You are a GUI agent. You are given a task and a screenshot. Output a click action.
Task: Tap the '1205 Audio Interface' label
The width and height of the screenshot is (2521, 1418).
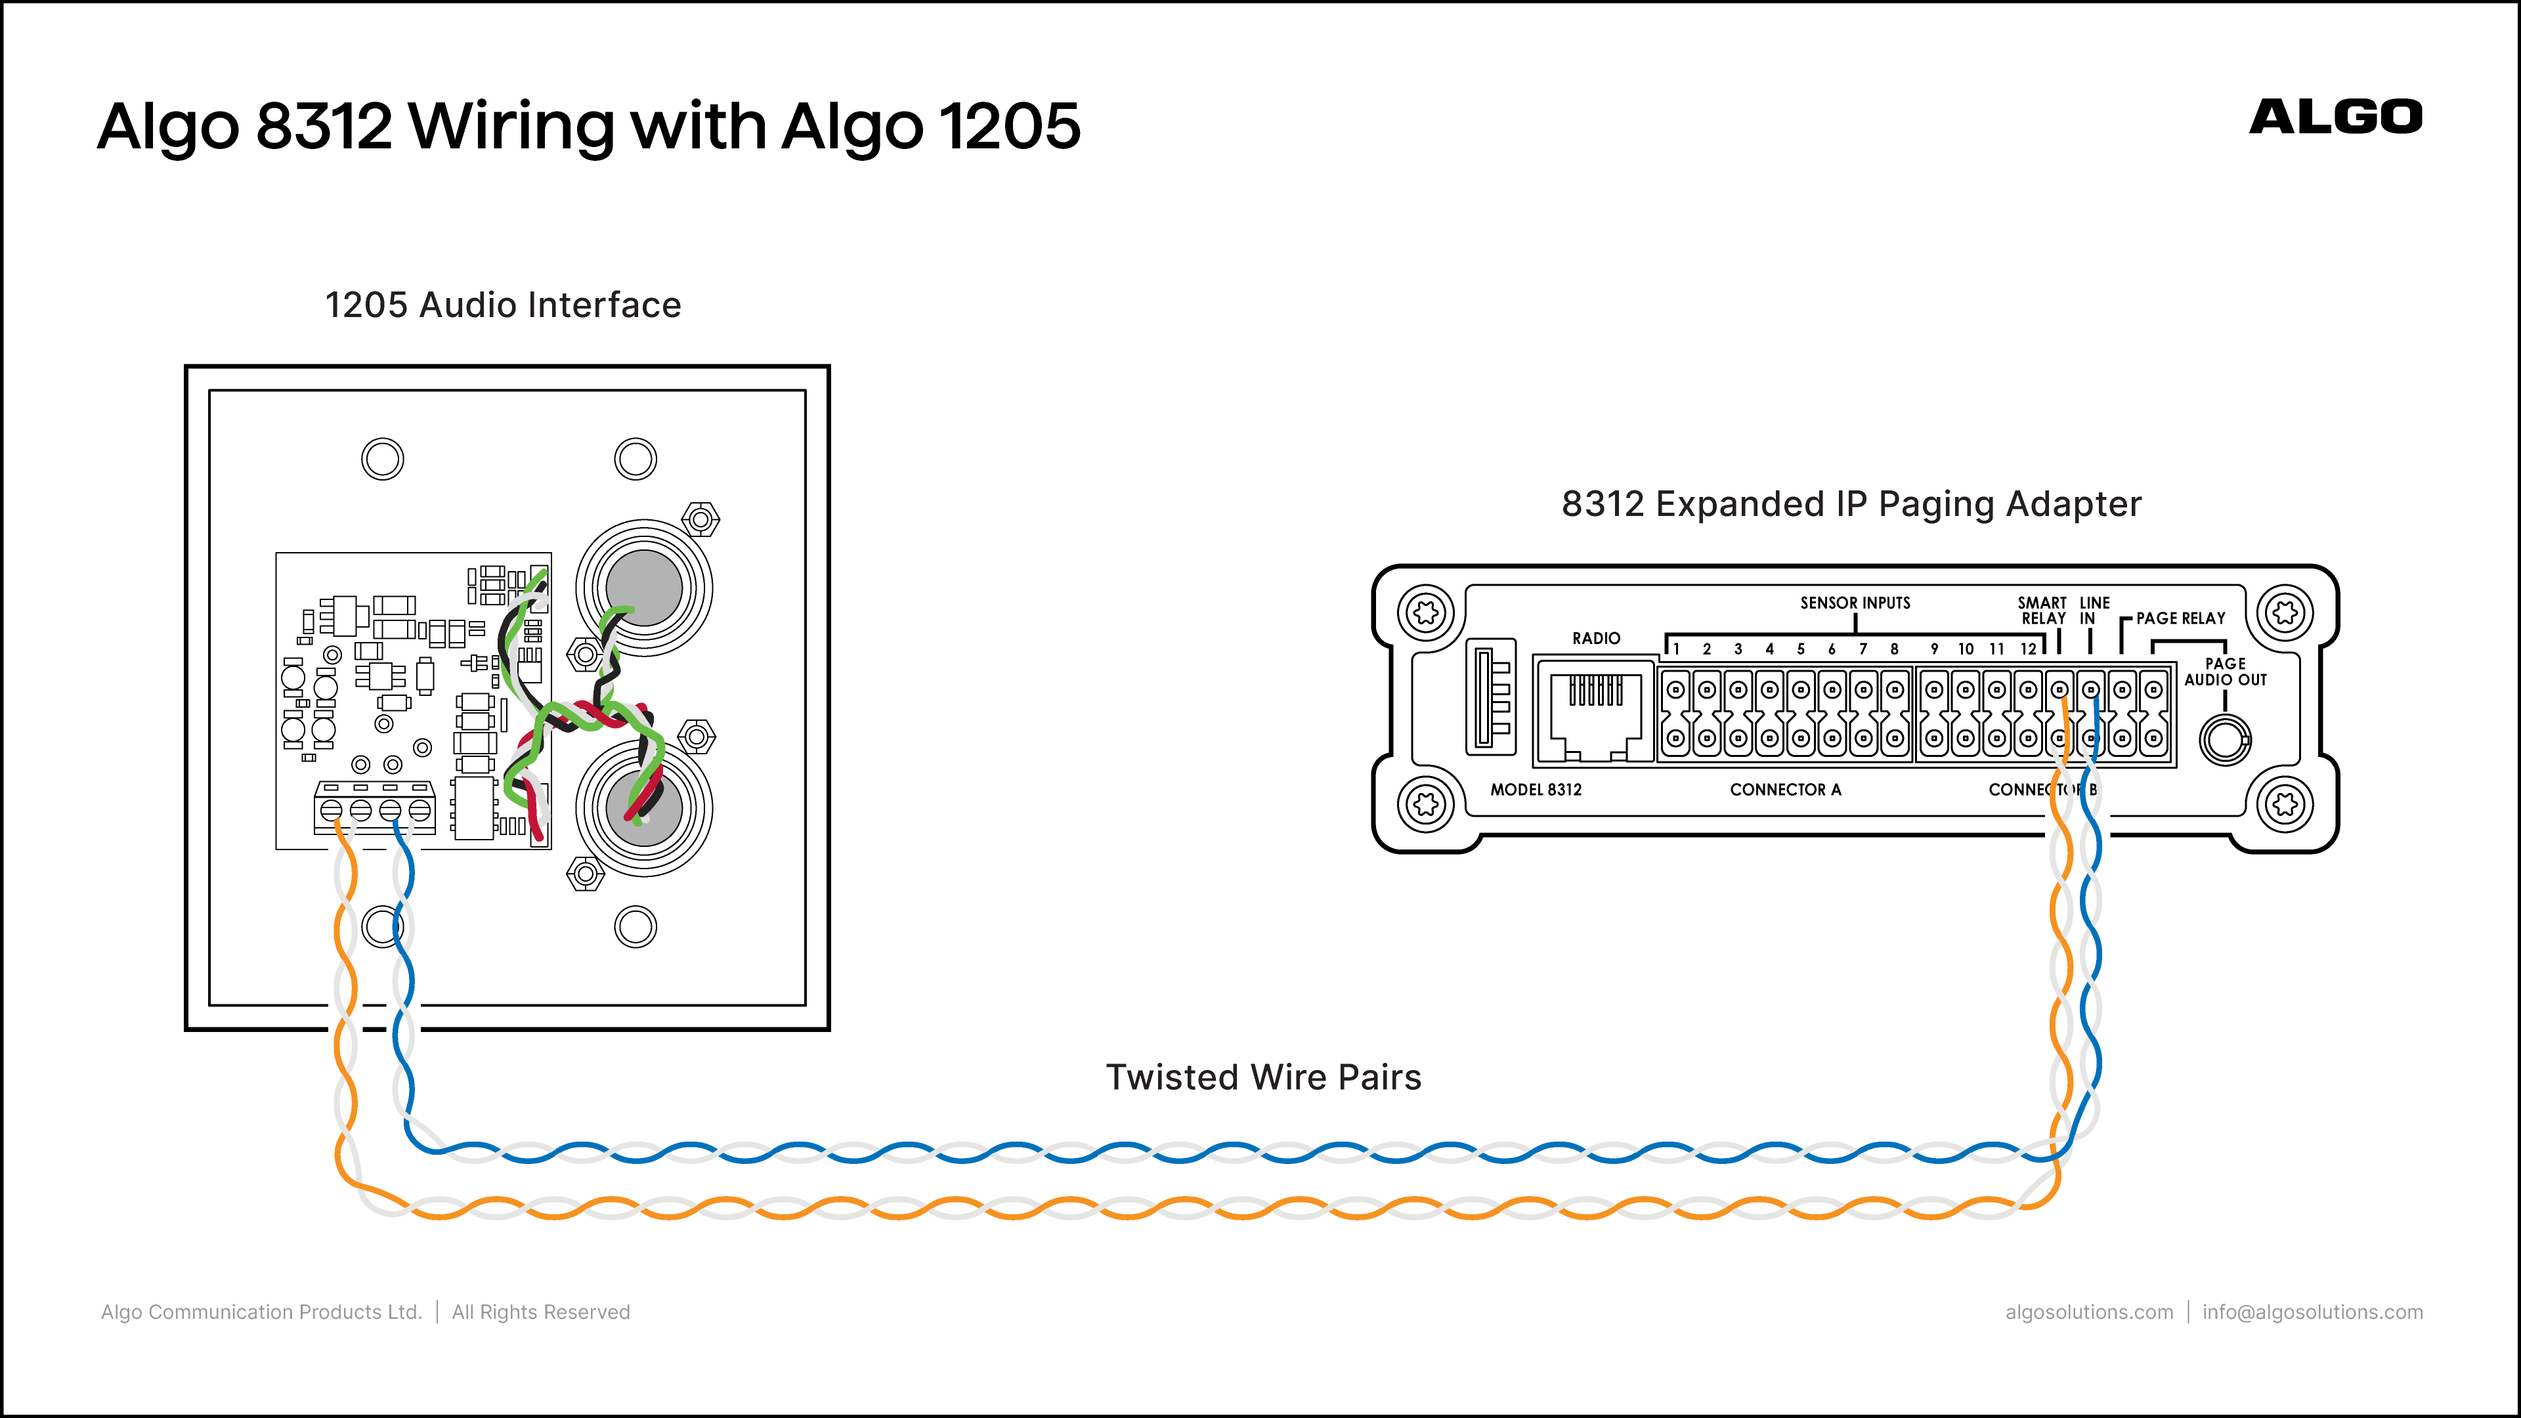click(503, 305)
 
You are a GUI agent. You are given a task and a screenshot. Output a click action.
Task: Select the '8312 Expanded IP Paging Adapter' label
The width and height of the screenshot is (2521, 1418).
click(1851, 504)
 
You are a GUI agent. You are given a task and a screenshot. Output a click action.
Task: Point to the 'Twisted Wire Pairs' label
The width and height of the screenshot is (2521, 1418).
click(1263, 1077)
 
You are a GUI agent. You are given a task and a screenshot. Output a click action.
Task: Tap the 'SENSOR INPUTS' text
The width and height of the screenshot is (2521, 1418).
click(1855, 603)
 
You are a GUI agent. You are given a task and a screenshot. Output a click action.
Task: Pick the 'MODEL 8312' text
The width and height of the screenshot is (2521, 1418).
click(1536, 790)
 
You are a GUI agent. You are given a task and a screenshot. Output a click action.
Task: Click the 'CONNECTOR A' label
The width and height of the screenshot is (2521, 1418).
click(1785, 790)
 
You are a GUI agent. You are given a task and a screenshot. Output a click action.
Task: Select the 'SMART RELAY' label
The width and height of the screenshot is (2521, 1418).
click(2042, 611)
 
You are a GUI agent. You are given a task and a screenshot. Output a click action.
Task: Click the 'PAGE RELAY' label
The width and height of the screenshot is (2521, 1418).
click(2180, 618)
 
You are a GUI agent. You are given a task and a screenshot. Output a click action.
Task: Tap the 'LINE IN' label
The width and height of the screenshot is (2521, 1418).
click(2094, 611)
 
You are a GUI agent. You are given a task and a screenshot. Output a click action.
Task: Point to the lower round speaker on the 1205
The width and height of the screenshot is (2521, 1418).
click(644, 808)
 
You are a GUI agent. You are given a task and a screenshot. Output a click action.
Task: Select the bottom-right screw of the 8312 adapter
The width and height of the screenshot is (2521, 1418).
click(2285, 804)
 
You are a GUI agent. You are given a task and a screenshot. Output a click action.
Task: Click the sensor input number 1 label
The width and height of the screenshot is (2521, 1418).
click(1677, 649)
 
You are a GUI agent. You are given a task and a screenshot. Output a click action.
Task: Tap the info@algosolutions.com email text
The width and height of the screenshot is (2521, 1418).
click(2312, 1312)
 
